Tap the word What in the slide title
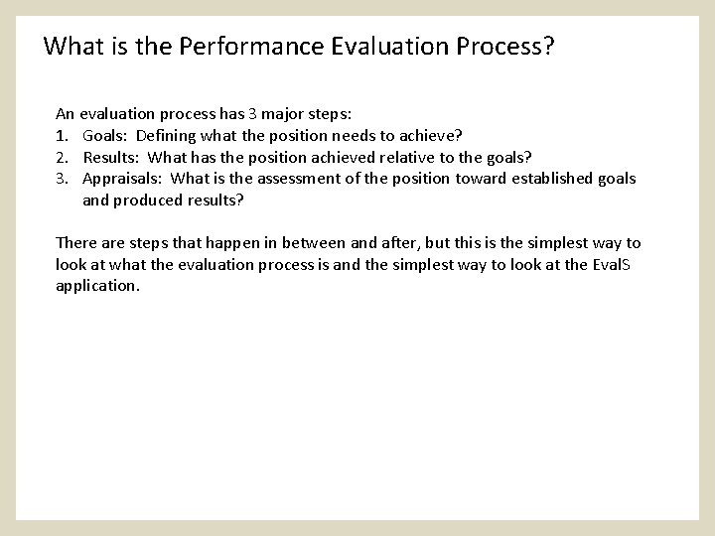click(68, 46)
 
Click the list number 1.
click(62, 135)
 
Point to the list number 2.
click(62, 157)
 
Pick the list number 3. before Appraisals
click(62, 179)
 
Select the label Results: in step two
click(111, 157)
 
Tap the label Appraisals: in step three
click(122, 179)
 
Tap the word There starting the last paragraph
click(75, 243)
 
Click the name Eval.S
click(617, 264)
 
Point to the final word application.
click(97, 286)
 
